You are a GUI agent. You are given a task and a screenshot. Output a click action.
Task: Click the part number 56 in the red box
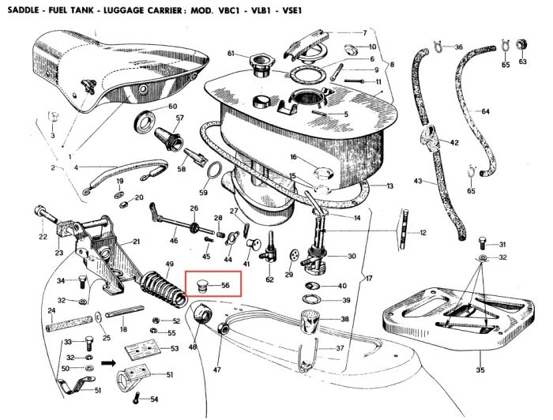[x=225, y=285]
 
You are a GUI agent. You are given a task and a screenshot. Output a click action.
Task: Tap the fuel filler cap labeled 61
[x=258, y=61]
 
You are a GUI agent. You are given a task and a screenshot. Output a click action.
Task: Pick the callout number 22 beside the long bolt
[x=43, y=237]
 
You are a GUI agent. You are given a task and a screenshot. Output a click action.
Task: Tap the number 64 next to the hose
[x=485, y=111]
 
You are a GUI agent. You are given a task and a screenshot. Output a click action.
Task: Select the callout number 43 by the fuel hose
[x=419, y=181]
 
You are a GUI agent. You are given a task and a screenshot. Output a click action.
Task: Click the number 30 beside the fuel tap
[x=352, y=256]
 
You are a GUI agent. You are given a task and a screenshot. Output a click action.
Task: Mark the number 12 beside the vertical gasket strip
[x=423, y=233]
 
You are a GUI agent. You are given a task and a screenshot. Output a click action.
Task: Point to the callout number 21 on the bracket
[x=136, y=242]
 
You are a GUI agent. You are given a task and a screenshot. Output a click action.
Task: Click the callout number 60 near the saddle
[x=173, y=106]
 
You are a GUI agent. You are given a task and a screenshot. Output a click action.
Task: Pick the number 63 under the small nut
[x=522, y=62]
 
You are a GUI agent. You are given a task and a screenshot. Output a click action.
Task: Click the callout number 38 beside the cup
[x=344, y=319]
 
